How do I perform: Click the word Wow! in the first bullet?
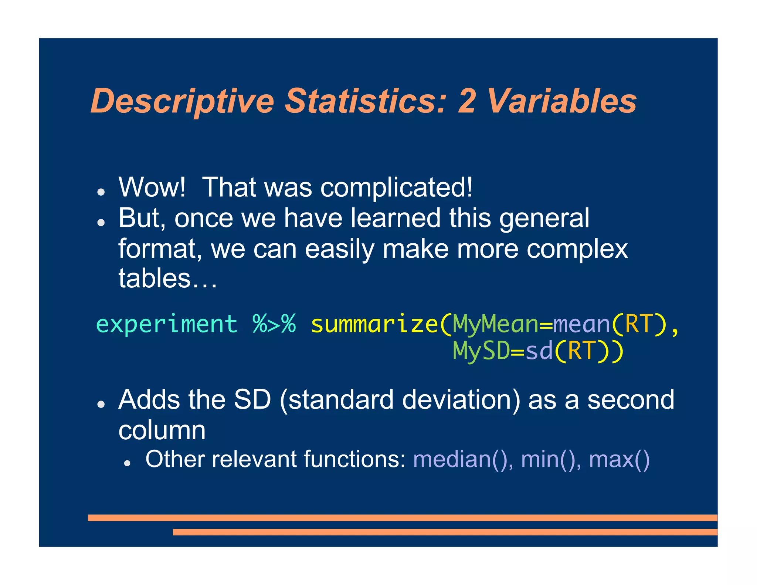click(x=152, y=187)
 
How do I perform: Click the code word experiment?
click(x=167, y=324)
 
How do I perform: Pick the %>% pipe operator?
click(x=274, y=324)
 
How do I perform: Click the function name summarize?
click(x=374, y=324)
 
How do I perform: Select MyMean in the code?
click(x=495, y=324)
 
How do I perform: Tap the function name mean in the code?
click(x=581, y=324)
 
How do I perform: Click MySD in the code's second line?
click(x=481, y=351)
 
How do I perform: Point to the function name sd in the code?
click(x=539, y=351)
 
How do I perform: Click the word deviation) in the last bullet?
click(x=461, y=400)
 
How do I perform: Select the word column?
click(x=162, y=431)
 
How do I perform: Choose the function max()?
click(x=619, y=460)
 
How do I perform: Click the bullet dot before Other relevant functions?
click(x=128, y=463)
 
